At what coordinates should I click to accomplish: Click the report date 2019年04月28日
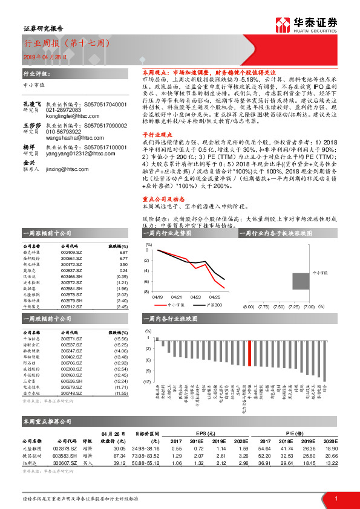(x=42, y=56)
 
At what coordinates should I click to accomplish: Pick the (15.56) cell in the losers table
(x=121, y=339)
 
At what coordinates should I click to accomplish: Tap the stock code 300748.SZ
(x=70, y=393)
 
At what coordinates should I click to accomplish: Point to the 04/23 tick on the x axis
(x=196, y=297)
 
